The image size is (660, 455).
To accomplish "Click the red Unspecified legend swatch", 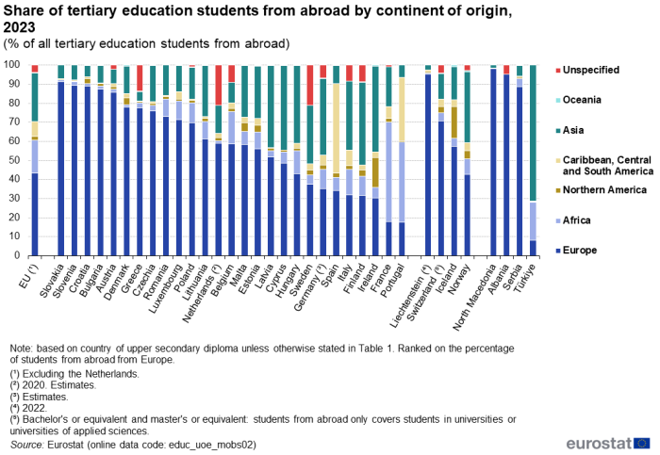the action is click(558, 71).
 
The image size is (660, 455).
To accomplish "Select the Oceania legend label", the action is click(582, 100).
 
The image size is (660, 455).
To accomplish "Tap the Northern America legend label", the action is click(604, 189).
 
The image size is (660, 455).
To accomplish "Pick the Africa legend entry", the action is click(573, 220).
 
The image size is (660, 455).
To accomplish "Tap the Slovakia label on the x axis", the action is click(51, 281).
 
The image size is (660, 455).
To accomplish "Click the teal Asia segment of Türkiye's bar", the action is click(533, 134).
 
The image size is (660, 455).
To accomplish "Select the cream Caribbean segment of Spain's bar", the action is click(336, 128).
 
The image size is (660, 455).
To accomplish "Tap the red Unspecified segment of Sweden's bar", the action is click(310, 85).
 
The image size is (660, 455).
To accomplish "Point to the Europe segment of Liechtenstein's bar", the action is click(428, 165).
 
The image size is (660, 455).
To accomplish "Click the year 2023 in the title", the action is click(19, 27).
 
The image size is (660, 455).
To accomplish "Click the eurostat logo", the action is click(608, 444).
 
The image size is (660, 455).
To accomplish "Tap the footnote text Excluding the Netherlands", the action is click(81, 374).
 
